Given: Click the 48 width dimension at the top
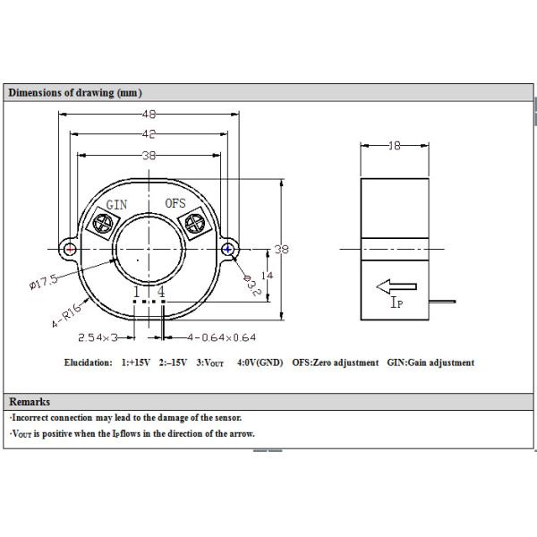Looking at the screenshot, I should (x=149, y=114).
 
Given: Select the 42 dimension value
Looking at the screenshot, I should (x=149, y=134).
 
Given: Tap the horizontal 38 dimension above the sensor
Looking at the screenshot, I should (x=149, y=155).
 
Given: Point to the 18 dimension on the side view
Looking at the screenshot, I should (x=395, y=145).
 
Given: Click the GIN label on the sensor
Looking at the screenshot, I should (x=116, y=204).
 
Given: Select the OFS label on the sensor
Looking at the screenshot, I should (x=175, y=203).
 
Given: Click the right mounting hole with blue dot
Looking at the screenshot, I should (x=230, y=249).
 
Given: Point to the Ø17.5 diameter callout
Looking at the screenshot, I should (x=43, y=283).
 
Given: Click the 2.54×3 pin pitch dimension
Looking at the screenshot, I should (x=98, y=337).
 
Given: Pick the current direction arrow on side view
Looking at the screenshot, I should (x=396, y=287).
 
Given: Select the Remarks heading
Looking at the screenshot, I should (x=29, y=402).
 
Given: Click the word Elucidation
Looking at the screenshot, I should (x=89, y=362).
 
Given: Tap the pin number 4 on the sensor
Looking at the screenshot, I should (x=161, y=293).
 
